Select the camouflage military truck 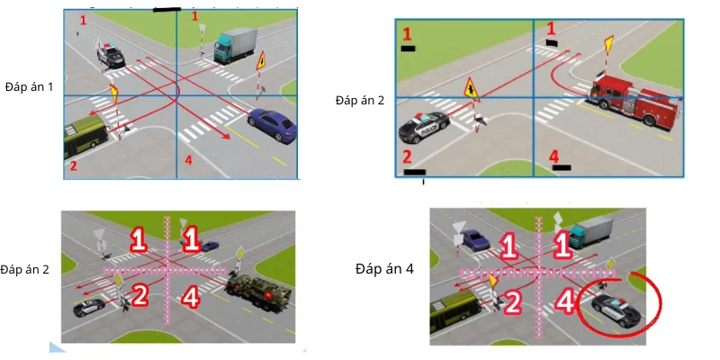[259, 294]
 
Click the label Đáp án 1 [30, 86]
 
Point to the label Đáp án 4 [384, 268]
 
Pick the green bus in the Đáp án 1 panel [85, 136]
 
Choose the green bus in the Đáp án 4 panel [454, 310]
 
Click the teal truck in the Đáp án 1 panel [235, 44]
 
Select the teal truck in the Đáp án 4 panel [590, 231]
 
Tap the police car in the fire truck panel [424, 126]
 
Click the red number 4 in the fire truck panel [554, 157]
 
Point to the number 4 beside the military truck [190, 298]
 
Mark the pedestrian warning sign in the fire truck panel [472, 89]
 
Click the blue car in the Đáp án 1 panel [272, 125]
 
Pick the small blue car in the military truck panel [210, 246]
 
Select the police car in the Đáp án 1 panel [111, 55]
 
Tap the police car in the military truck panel [88, 308]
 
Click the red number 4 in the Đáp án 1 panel [188, 160]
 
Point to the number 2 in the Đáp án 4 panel [515, 303]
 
